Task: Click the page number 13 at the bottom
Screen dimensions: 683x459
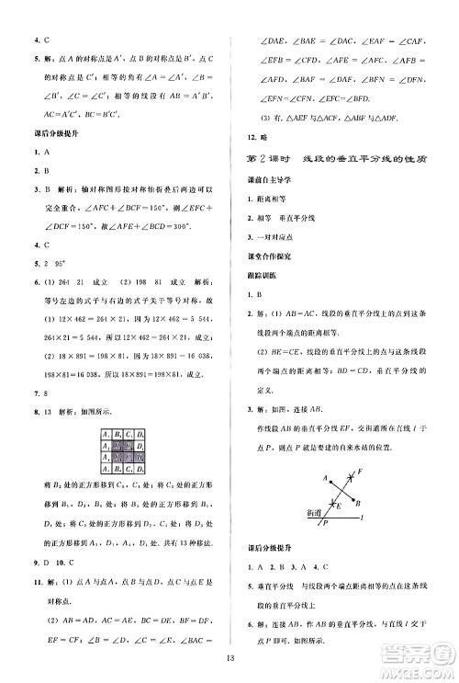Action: click(x=229, y=655)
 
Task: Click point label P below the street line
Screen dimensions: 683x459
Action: click(x=323, y=522)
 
